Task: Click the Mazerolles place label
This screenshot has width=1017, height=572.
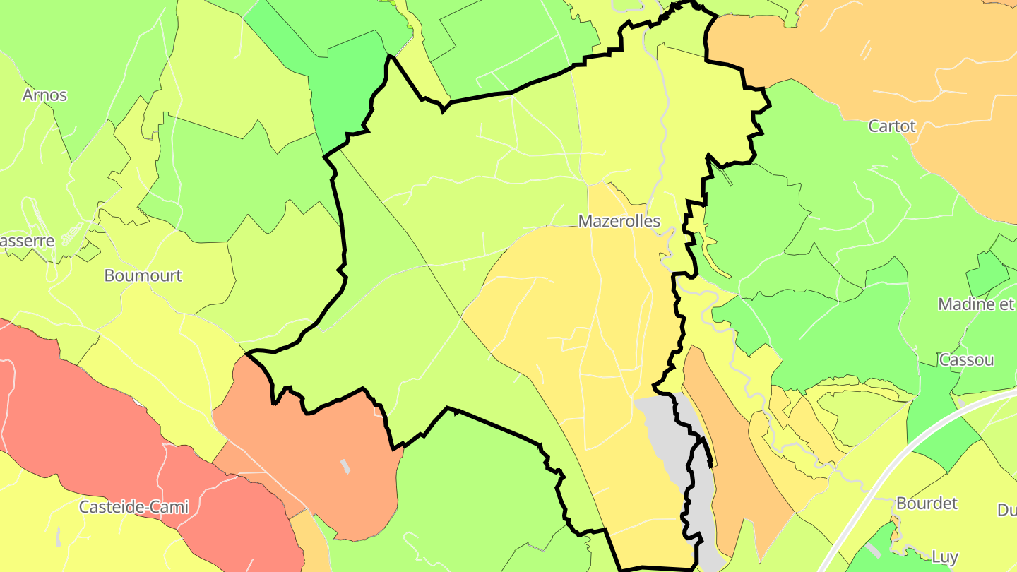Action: [x=619, y=221]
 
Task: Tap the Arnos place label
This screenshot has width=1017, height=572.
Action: [x=44, y=95]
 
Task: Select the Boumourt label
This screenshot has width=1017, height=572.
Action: [x=143, y=275]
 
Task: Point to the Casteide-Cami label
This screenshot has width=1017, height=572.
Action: [x=133, y=506]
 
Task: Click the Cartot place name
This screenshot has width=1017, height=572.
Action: [x=891, y=126]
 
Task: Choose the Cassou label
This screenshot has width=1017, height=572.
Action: [x=966, y=359]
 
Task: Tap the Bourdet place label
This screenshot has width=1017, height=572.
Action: [x=927, y=504]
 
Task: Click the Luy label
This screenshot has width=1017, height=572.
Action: [x=944, y=556]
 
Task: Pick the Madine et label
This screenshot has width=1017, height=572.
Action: [x=976, y=304]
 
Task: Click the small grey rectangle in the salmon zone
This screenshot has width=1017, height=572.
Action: [x=345, y=466]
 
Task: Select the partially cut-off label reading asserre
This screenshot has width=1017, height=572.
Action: [x=27, y=241]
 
